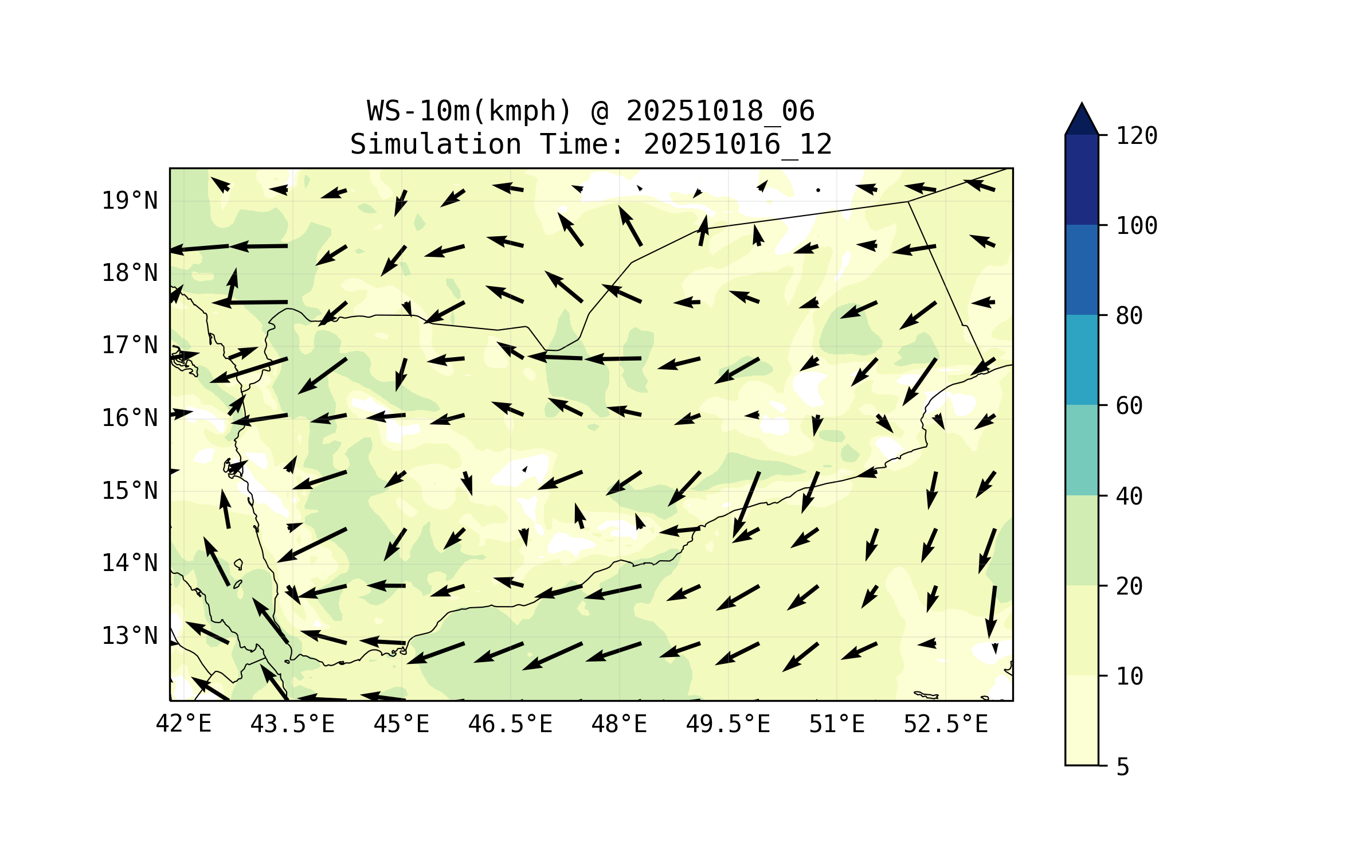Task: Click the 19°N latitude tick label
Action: [130, 201]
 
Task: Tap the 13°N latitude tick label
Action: [130, 636]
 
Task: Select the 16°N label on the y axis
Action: [130, 418]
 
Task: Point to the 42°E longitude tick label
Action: [183, 724]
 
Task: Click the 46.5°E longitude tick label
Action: [510, 724]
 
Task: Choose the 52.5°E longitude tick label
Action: [946, 724]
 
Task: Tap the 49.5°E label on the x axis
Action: [728, 724]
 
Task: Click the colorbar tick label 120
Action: [1137, 136]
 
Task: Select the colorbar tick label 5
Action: [1123, 767]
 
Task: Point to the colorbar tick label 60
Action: [1129, 406]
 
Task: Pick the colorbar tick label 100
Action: [1137, 226]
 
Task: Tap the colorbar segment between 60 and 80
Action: [1082, 359]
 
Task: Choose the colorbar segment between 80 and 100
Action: [1082, 269]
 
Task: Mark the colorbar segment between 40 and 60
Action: [1082, 449]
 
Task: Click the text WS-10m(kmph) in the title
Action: [469, 111]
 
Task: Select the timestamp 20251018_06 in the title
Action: [720, 111]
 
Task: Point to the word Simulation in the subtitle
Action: [436, 144]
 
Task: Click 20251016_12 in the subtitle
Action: [738, 144]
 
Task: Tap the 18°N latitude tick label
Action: [130, 273]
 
